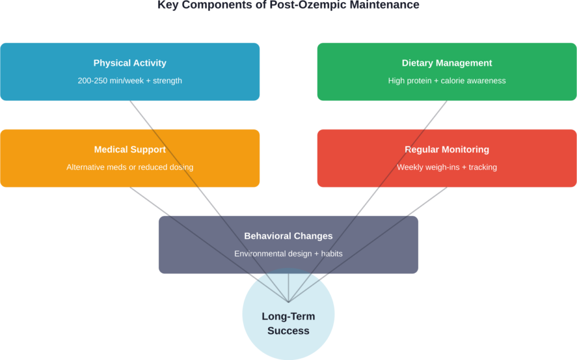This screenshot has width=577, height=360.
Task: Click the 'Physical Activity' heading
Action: coord(130,63)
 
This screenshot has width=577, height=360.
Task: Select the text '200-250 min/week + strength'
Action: coord(130,81)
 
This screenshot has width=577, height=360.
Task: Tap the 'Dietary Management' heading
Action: coord(447,63)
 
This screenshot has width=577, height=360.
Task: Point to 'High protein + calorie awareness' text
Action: coord(447,81)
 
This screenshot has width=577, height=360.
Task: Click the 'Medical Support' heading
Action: coord(130,150)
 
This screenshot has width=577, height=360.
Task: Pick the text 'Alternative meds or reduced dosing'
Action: coord(130,167)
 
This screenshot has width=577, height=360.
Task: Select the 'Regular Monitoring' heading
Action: coord(447,150)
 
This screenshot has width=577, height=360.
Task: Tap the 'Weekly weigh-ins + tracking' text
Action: coord(447,167)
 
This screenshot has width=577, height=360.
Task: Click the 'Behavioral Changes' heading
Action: coord(288,236)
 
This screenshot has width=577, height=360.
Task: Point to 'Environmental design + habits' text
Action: coord(288,254)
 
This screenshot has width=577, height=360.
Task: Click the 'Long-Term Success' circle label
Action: coord(288,323)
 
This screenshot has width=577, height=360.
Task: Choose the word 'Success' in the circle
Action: coord(288,331)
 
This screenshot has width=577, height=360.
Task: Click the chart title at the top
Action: coord(288,5)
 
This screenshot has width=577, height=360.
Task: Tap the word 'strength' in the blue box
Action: coord(167,81)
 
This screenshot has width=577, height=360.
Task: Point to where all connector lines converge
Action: coord(288,302)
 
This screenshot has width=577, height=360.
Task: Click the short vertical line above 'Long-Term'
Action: coord(288,287)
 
